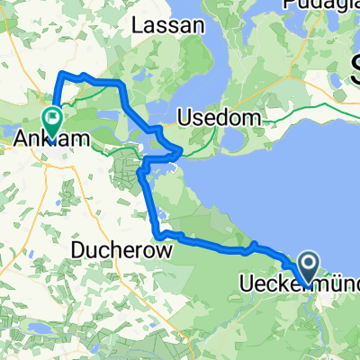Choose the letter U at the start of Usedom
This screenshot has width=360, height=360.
(207, 118)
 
